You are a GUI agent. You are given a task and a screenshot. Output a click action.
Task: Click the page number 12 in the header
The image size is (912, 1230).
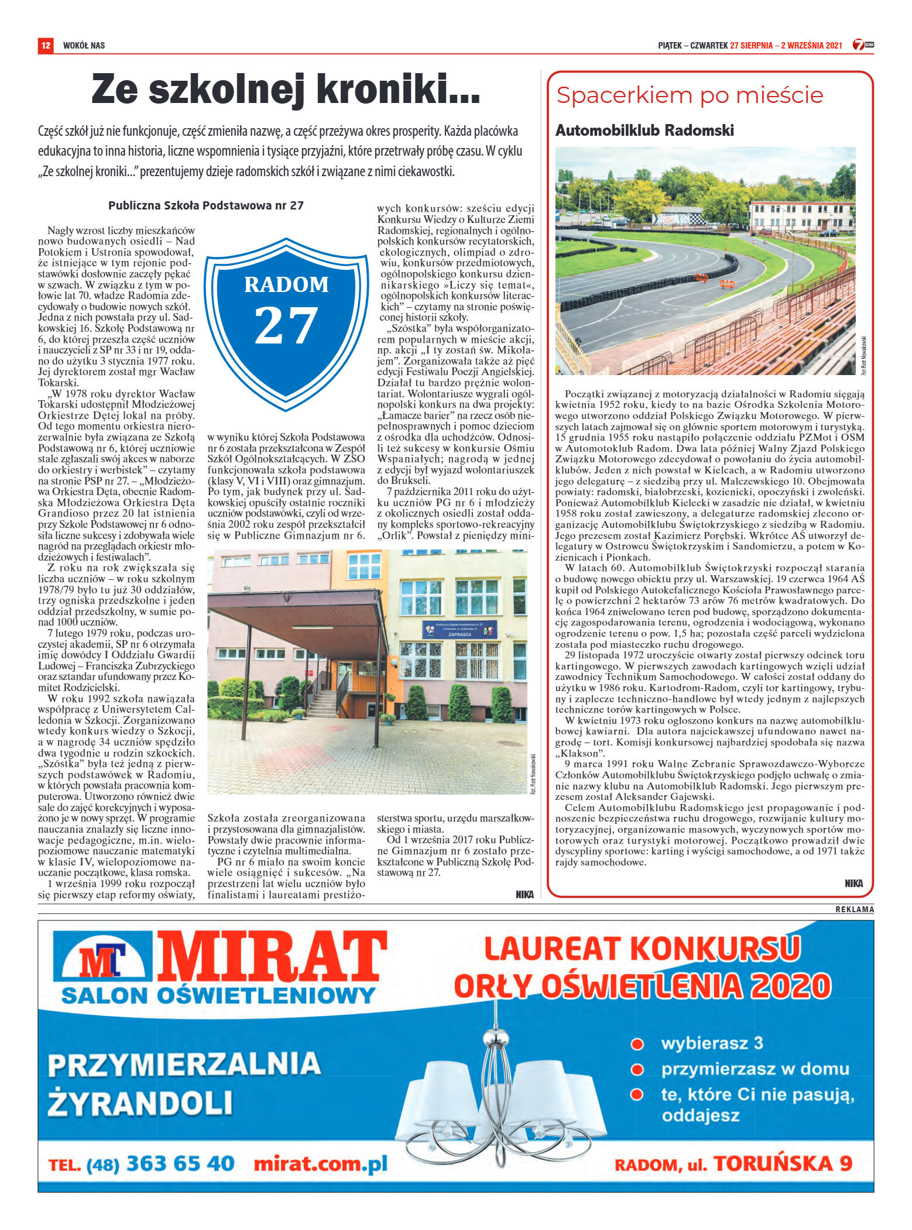click(x=45, y=45)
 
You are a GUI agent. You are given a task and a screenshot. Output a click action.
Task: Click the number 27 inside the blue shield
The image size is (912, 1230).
click(x=286, y=325)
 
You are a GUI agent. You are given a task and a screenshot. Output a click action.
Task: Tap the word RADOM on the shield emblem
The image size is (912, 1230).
click(x=286, y=284)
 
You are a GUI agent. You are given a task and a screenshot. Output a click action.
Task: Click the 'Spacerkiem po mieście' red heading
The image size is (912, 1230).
click(x=690, y=95)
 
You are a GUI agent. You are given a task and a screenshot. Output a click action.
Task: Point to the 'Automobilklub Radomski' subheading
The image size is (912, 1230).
click(x=644, y=130)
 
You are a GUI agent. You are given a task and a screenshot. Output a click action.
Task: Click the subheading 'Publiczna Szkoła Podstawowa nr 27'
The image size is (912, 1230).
click(x=206, y=205)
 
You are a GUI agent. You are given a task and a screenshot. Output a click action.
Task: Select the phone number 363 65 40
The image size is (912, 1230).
click(x=180, y=1164)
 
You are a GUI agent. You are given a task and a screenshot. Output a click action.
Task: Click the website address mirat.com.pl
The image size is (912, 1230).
click(x=321, y=1164)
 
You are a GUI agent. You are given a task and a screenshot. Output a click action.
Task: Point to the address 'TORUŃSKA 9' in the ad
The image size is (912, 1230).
click(x=783, y=1163)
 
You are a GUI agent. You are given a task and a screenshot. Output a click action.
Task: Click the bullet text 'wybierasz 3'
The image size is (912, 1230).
click(x=712, y=1043)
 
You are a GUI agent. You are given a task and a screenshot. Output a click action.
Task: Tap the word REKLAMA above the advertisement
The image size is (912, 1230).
click(x=854, y=909)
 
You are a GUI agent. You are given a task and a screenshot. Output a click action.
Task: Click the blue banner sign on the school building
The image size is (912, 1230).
click(x=459, y=629)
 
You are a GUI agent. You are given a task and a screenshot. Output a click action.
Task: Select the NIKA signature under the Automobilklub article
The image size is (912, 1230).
click(x=853, y=884)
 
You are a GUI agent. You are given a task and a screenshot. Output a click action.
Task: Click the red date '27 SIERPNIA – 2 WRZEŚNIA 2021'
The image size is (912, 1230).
click(x=786, y=45)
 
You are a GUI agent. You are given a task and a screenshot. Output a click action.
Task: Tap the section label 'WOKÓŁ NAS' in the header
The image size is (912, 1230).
click(x=84, y=45)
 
